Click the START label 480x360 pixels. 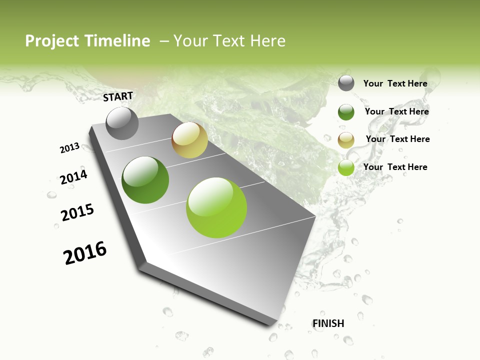118,96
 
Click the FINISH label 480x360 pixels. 328,323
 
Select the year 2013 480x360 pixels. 70,148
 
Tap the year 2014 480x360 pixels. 74,177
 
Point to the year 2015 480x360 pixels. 77,212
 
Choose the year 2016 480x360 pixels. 85,252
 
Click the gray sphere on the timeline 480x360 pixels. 122,123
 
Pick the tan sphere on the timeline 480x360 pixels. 189,140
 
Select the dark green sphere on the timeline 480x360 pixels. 145,180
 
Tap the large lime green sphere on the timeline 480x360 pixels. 216,207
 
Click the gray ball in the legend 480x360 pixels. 346,83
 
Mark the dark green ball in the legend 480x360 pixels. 346,112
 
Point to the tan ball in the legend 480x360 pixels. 346,140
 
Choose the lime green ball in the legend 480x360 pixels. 346,168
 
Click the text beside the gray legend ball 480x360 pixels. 395,83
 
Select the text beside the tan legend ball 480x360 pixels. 397,139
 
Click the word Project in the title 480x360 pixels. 52,41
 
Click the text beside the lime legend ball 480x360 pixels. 395,167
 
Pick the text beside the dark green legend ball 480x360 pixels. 396,111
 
